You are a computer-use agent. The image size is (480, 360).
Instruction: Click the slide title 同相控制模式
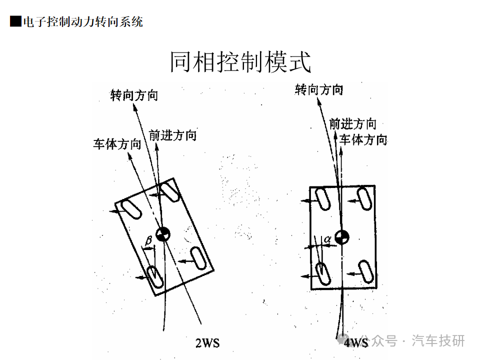(x=240, y=62)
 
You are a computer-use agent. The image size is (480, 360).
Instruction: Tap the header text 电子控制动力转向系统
(x=82, y=22)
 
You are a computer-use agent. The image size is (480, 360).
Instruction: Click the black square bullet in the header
(x=15, y=22)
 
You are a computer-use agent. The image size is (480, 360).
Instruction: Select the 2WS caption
(x=207, y=342)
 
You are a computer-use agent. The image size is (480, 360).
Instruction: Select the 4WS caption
(x=355, y=342)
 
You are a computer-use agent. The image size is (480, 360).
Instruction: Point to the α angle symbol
(x=327, y=239)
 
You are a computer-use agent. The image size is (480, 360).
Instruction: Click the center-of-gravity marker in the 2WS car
(x=163, y=233)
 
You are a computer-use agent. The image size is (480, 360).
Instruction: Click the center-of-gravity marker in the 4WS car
(x=342, y=237)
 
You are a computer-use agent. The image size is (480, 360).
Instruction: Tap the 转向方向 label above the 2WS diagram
(x=134, y=95)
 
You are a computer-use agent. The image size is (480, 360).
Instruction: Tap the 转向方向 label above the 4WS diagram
(x=319, y=90)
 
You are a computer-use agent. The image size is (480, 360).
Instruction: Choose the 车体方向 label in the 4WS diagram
(x=363, y=139)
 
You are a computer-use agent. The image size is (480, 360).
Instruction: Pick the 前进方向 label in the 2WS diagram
(x=172, y=135)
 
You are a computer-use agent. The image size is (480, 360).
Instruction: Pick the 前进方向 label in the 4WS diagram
(x=352, y=123)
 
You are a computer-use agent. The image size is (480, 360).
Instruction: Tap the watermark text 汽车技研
(x=438, y=341)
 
